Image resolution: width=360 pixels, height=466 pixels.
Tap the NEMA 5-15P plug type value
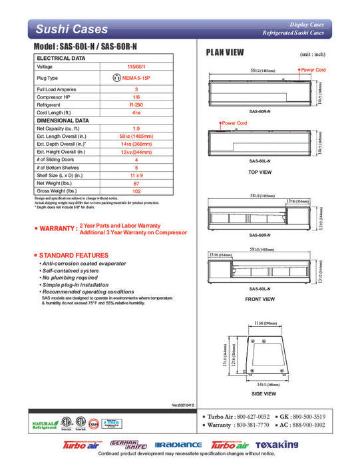(136, 78)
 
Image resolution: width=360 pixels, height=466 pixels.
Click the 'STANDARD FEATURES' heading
(73, 255)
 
